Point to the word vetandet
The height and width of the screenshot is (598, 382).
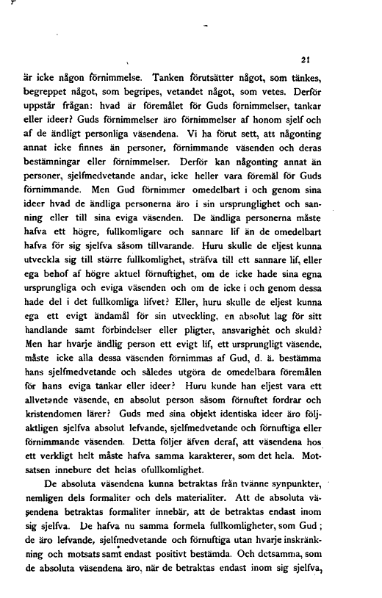pos(209,91)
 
